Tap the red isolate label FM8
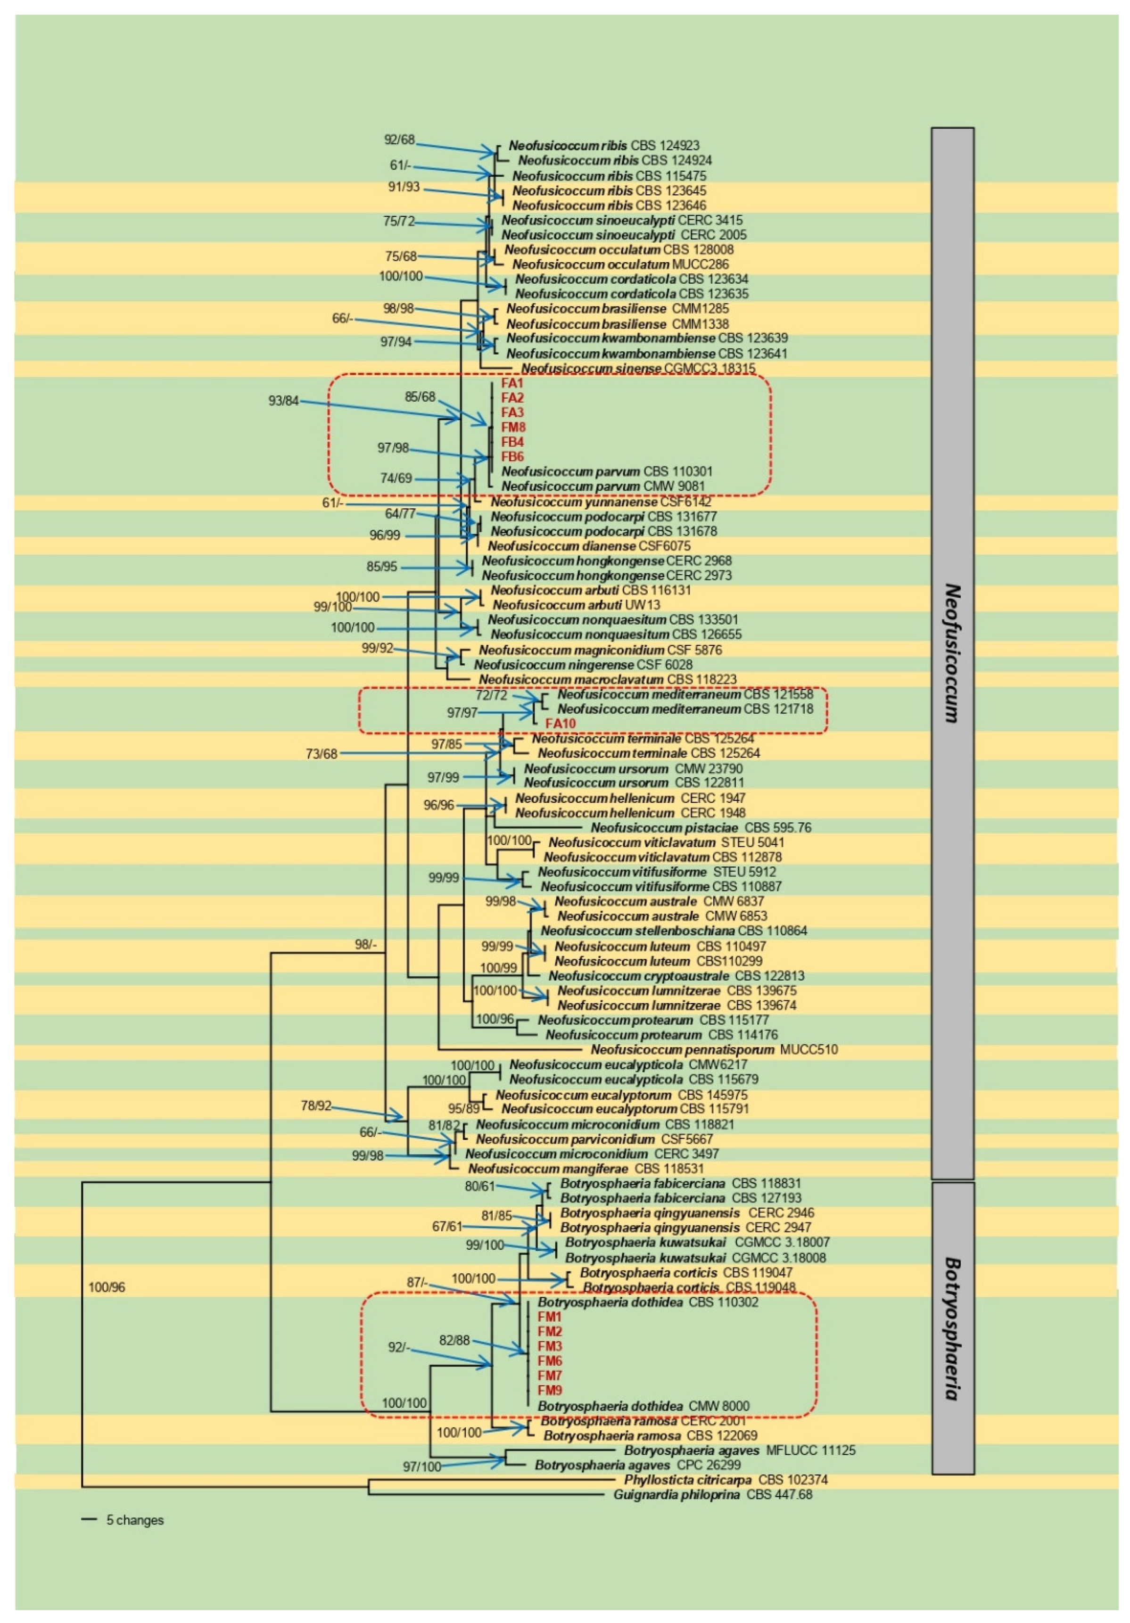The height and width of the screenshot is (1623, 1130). click(x=513, y=427)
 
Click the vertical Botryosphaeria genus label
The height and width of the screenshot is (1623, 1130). click(x=952, y=1329)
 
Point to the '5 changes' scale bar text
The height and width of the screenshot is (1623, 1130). click(x=134, y=1520)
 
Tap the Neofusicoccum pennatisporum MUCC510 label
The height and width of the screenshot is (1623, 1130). click(x=714, y=1050)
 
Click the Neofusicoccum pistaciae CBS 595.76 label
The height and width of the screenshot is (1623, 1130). click(x=701, y=828)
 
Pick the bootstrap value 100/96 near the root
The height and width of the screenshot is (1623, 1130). click(x=106, y=1287)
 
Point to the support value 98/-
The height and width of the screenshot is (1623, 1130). click(x=366, y=944)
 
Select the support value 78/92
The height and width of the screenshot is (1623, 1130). click(x=315, y=1105)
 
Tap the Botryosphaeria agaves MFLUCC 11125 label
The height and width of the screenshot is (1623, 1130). click(x=739, y=1450)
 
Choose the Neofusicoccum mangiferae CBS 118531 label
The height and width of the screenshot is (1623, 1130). click(x=586, y=1169)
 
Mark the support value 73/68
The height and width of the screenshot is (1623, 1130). click(x=321, y=754)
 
